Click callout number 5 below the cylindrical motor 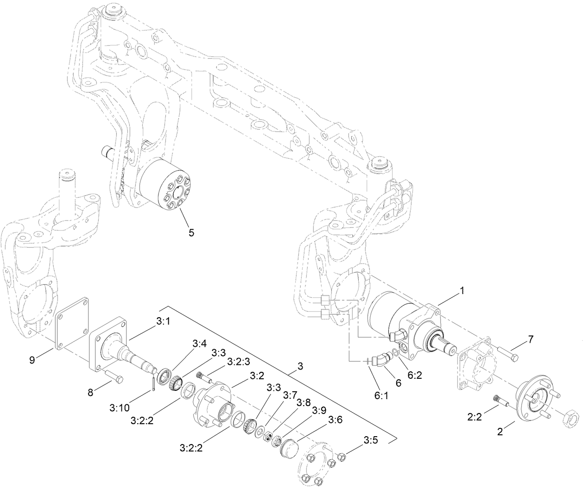(x=191, y=232)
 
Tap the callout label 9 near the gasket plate (x=32, y=360)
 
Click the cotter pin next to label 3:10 (x=153, y=385)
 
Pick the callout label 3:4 (x=200, y=343)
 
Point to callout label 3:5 (x=370, y=440)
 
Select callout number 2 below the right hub (x=500, y=432)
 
